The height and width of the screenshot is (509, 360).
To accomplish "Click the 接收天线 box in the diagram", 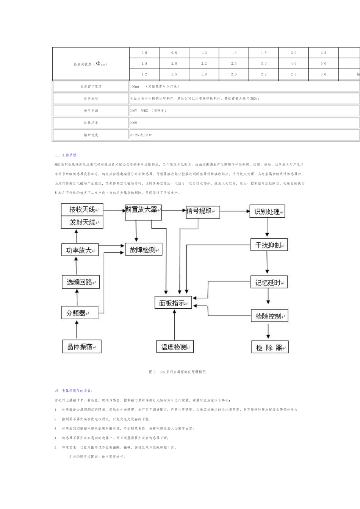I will coord(82,209).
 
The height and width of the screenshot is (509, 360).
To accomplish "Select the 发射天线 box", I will coord(82,222).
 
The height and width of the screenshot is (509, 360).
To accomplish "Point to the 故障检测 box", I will coord(144,250).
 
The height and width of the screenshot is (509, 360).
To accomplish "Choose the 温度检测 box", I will coord(175,347).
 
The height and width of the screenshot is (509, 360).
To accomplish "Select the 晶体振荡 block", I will coord(81,347).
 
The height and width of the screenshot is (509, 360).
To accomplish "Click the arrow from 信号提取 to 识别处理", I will coord(235,211).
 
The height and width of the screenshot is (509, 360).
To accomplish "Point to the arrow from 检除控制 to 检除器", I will coord(268,331).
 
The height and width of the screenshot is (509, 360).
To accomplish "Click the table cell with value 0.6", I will coord(144,53).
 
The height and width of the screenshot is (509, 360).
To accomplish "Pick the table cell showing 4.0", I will coord(293,64).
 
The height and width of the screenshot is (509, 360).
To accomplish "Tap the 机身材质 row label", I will coord(91,98).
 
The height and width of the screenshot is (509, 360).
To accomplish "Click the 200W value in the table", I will coord(133,123).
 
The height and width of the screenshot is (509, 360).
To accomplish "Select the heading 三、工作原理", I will coord(66,155).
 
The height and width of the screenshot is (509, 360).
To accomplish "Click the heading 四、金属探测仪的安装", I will coord(73,390).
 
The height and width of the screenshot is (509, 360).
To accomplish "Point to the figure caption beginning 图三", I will coord(177,372).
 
